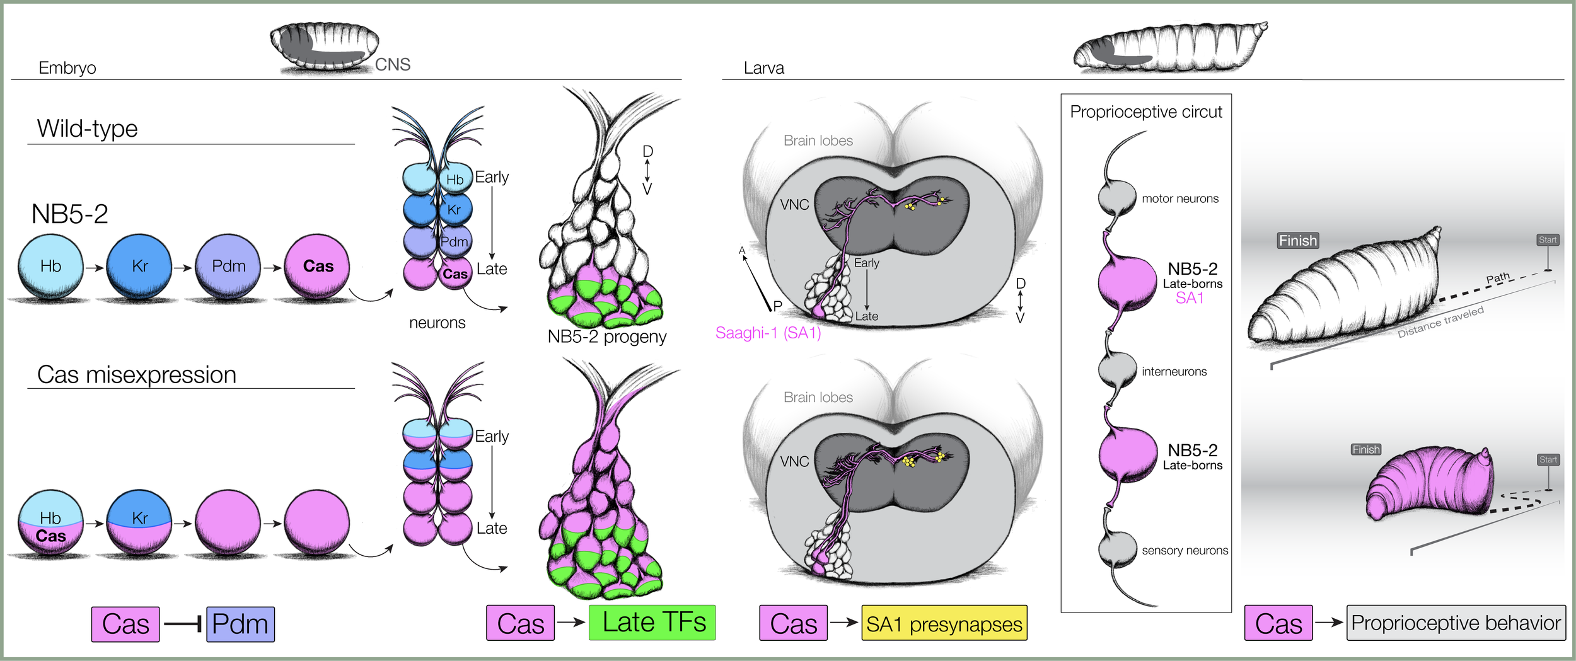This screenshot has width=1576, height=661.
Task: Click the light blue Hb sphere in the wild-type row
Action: click(50, 267)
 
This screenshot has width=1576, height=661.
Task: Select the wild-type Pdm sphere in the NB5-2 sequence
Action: click(228, 267)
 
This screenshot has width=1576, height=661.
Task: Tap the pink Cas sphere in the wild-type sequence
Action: click(317, 267)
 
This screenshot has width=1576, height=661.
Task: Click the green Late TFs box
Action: click(652, 623)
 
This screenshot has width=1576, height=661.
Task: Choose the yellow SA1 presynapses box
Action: click(944, 623)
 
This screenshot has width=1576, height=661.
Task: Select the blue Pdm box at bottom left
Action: click(240, 624)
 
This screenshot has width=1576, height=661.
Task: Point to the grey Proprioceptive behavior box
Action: click(1456, 623)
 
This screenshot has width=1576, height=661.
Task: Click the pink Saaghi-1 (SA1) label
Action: click(768, 333)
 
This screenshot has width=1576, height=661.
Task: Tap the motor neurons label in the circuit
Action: click(1180, 198)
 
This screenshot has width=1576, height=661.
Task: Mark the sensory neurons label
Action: click(1185, 551)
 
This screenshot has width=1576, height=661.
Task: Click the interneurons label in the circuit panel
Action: click(1174, 372)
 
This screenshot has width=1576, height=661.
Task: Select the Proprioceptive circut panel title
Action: click(1145, 112)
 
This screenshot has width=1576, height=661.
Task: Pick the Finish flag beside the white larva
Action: click(1297, 241)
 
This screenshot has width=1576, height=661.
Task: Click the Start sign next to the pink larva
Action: click(1548, 460)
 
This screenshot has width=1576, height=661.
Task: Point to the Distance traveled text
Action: click(1440, 322)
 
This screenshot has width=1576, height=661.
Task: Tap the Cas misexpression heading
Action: click(137, 375)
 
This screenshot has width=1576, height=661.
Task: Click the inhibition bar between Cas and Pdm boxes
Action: click(183, 624)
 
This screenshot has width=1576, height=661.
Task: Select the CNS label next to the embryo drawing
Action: click(392, 65)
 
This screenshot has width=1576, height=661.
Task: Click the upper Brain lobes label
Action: click(818, 141)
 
